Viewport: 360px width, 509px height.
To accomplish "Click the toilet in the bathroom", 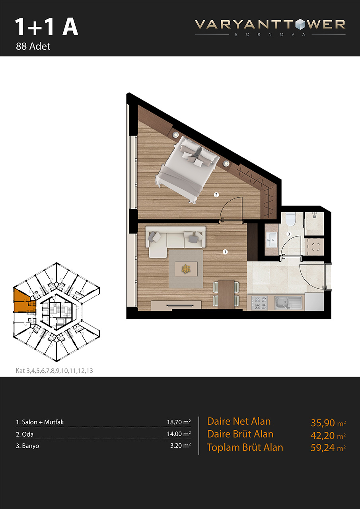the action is pos(290,219).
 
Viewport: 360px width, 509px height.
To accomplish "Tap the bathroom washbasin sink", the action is pos(272,240).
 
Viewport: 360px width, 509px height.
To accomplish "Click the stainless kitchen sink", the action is pos(288,303).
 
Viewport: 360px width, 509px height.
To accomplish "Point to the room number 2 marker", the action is pos(216,194).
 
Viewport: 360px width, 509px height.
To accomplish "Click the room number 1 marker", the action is pos(225,252).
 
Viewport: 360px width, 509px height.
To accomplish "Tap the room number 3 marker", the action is pos(289,234).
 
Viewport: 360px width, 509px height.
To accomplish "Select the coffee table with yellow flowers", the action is pos(186,269).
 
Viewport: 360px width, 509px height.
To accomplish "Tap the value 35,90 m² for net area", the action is pos(328,423).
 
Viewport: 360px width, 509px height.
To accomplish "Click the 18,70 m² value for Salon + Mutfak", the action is pos(179,422).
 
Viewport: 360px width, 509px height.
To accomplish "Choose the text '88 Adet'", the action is pos(33,47).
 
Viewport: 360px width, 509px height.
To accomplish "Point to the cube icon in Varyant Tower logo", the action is pos(300,25).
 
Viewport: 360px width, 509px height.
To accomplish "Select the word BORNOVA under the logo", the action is pos(270,35).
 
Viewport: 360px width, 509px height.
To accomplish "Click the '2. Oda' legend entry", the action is pos(25,434).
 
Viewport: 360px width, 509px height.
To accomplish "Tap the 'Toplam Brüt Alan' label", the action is pos(245,447).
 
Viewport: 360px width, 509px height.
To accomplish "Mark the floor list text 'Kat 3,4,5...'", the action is pos(54,371).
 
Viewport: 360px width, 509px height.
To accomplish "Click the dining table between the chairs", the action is pos(226,294).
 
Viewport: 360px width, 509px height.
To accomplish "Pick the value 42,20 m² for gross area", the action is pos(328,435).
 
